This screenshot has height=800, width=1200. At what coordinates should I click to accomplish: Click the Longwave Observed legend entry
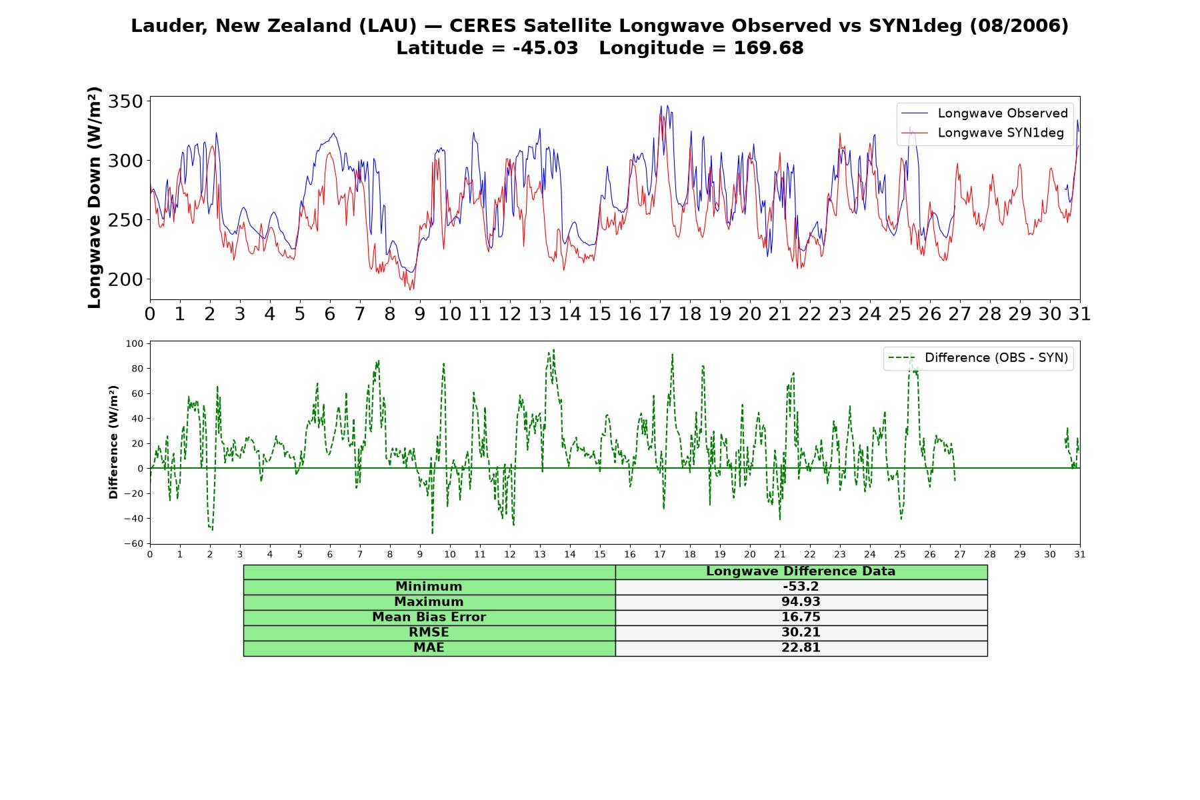click(x=984, y=113)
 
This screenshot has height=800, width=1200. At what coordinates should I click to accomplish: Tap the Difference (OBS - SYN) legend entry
click(x=978, y=358)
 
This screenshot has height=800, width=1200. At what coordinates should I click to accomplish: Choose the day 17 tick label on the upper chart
click(x=660, y=314)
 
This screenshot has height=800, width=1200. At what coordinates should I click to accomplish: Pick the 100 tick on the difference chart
click(x=134, y=344)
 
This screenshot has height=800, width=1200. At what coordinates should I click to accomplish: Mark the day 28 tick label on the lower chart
click(x=990, y=554)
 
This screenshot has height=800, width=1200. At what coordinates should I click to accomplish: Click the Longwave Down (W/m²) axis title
click(x=95, y=197)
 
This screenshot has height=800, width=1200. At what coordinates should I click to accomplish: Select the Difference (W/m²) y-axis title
click(x=113, y=442)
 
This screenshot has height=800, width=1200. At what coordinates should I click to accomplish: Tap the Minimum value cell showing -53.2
click(x=801, y=587)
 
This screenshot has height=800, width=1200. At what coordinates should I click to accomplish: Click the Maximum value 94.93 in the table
click(x=801, y=602)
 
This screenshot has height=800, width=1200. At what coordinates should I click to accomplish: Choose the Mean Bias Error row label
click(x=429, y=617)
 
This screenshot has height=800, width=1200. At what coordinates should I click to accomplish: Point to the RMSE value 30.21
click(x=801, y=633)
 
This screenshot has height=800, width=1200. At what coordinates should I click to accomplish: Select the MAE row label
click(x=429, y=648)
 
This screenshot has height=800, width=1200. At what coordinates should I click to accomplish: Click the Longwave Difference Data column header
click(x=801, y=571)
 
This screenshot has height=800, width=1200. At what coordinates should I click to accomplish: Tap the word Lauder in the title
click(x=167, y=26)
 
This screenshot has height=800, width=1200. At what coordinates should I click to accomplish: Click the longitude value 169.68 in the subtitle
click(x=769, y=48)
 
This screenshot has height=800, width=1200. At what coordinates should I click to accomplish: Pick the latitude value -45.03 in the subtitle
click(x=545, y=48)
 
